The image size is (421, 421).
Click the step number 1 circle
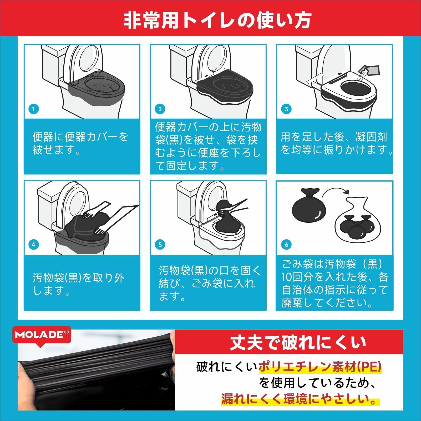(33, 109)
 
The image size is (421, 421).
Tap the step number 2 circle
(160, 109)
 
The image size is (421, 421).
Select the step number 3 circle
(286, 109)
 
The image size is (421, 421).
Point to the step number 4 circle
(33, 245)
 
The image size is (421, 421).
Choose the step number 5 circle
(160, 245)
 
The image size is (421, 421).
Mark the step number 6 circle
(286, 245)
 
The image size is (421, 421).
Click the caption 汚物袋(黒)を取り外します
(78, 284)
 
